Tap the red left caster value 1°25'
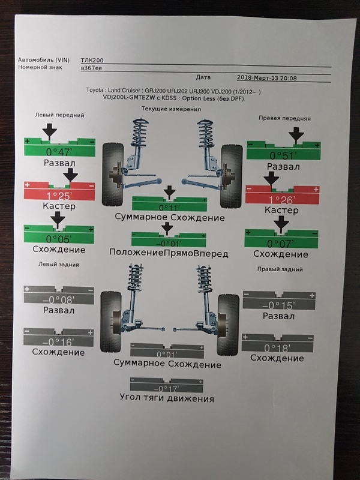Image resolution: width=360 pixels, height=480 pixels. (x=59, y=195)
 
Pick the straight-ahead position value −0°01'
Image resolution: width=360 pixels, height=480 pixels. (x=167, y=243)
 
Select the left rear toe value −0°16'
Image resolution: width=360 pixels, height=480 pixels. (x=59, y=341)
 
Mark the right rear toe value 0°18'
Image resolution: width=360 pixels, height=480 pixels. (x=277, y=347)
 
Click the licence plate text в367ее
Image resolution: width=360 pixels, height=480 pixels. (x=91, y=68)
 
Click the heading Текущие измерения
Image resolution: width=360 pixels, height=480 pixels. (x=171, y=109)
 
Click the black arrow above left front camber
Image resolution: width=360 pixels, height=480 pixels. (x=50, y=130)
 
